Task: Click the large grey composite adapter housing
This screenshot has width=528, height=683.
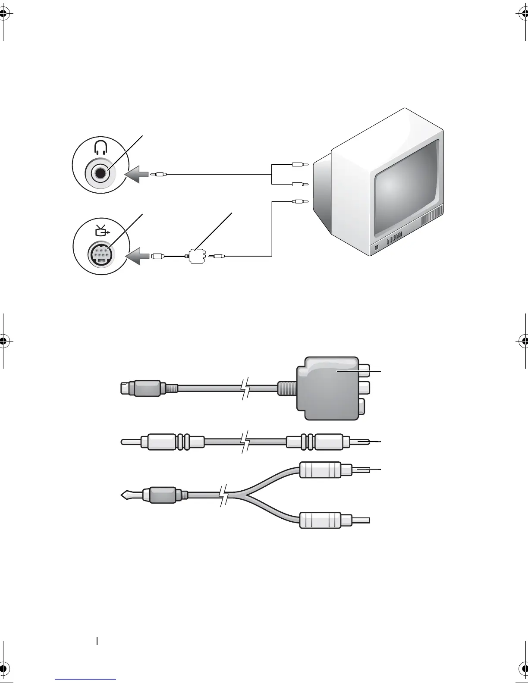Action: point(328,386)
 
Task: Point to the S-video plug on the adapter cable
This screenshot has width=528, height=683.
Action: point(142,388)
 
